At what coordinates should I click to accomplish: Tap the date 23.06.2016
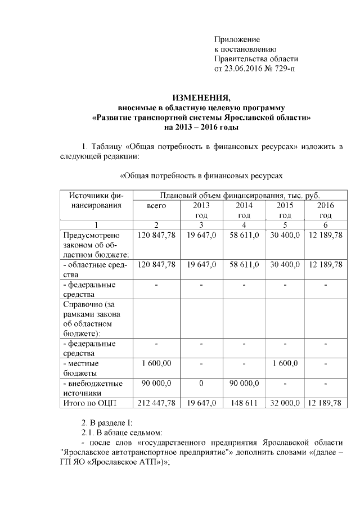245,69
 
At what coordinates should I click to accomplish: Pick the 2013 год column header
201,210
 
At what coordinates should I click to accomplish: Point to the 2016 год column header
325,210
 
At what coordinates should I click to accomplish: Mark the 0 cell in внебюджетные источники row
201,383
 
